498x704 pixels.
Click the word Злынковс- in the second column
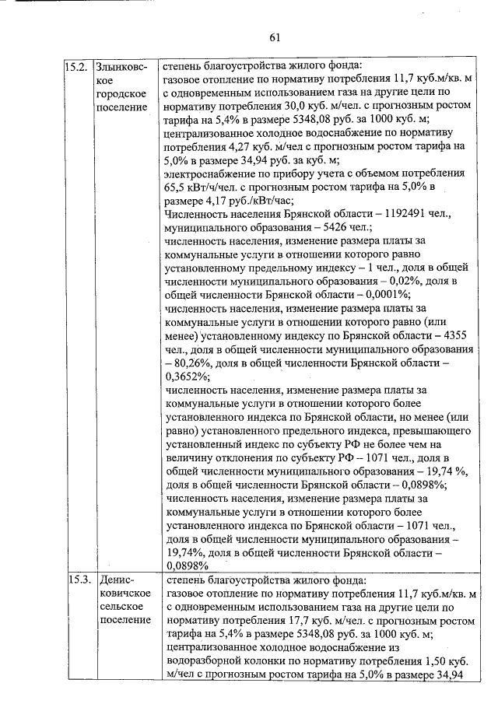(x=123, y=65)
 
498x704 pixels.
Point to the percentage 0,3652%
(x=189, y=377)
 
